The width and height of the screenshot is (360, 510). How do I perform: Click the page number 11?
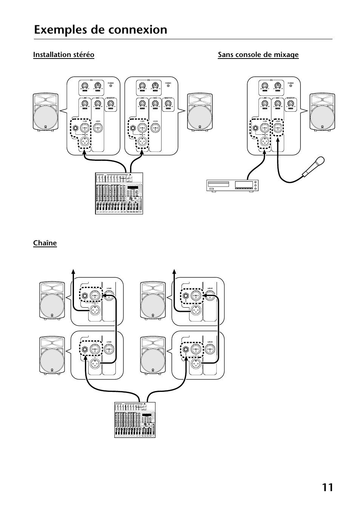tap(328, 487)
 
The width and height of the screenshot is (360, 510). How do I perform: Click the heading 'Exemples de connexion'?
tap(100, 29)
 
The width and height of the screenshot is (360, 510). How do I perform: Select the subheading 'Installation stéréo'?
tap(64, 55)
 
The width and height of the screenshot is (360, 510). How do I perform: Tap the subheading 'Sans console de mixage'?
tap(258, 55)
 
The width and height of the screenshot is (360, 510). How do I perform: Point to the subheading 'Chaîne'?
tap(45, 243)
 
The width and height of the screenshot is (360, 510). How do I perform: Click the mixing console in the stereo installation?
tap(120, 194)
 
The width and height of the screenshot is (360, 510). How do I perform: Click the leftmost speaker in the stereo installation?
tap(45, 113)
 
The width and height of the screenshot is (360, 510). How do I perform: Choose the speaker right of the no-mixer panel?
tap(323, 113)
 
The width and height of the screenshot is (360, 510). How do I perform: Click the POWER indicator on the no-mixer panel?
tap(291, 86)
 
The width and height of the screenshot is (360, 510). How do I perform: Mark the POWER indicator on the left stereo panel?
tap(111, 86)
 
